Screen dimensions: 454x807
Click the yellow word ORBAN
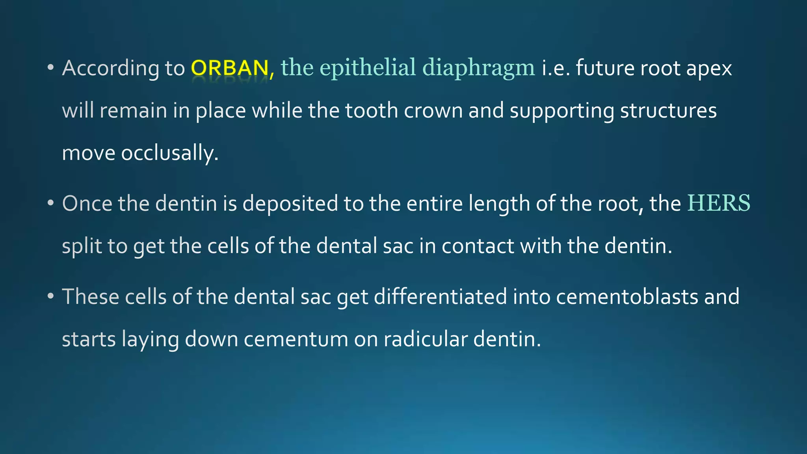(230, 68)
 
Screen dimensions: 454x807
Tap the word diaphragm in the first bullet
(478, 68)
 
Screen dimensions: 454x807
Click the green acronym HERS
(719, 203)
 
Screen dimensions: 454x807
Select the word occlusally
(169, 153)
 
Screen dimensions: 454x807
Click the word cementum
(296, 339)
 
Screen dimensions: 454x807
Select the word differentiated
(440, 297)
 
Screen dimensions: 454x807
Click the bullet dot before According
(50, 68)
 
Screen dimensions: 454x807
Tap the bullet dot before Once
(50, 204)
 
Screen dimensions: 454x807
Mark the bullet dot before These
(50, 297)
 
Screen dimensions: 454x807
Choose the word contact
(478, 246)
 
